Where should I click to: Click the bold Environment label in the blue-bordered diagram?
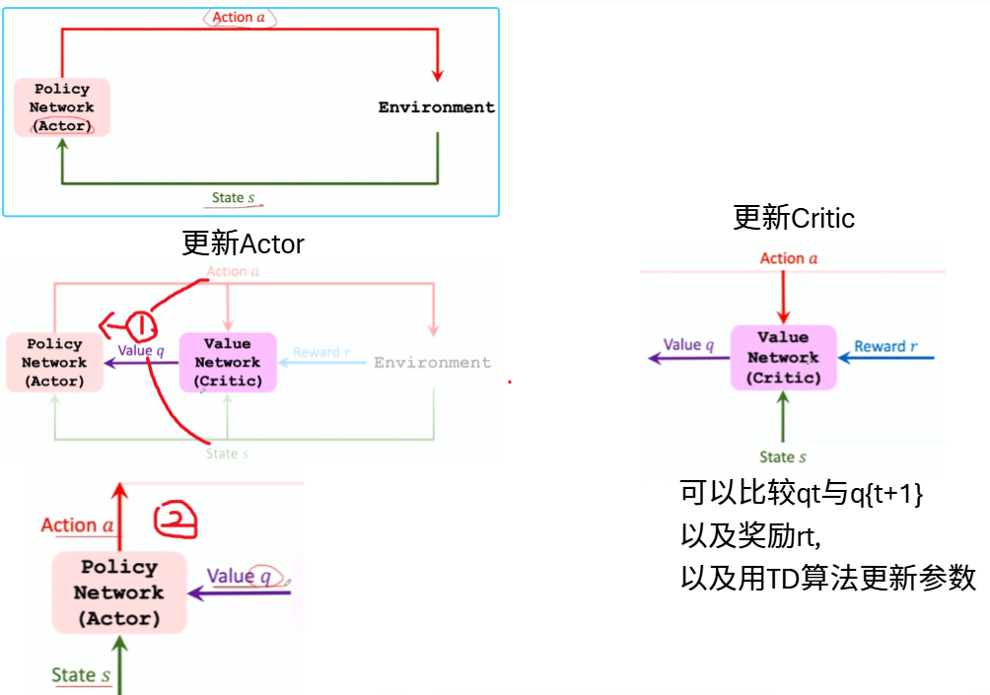pyautogui.click(x=436, y=107)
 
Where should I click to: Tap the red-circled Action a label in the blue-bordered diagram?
pyautogui.click(x=240, y=18)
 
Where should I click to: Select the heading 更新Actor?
pyautogui.click(x=244, y=243)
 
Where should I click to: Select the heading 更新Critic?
pyautogui.click(x=794, y=217)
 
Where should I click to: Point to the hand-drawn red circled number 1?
pyautogui.click(x=140, y=325)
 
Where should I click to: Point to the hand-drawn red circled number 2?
pyautogui.click(x=176, y=521)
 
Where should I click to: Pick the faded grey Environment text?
pyautogui.click(x=432, y=363)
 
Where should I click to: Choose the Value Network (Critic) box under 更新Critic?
pyautogui.click(x=783, y=357)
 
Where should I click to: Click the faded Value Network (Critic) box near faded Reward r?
pyautogui.click(x=228, y=363)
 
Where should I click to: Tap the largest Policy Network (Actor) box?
pyautogui.click(x=119, y=592)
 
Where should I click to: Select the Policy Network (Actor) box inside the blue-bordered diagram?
pyautogui.click(x=62, y=107)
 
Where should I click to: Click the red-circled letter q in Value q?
pyautogui.click(x=264, y=576)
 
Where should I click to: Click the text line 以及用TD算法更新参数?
pyautogui.click(x=828, y=578)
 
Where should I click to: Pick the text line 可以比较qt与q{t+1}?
pyautogui.click(x=801, y=493)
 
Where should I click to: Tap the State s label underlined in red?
pyautogui.click(x=234, y=198)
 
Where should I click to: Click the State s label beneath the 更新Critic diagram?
pyautogui.click(x=783, y=456)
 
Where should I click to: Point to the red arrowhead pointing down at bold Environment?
pyautogui.click(x=438, y=76)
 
